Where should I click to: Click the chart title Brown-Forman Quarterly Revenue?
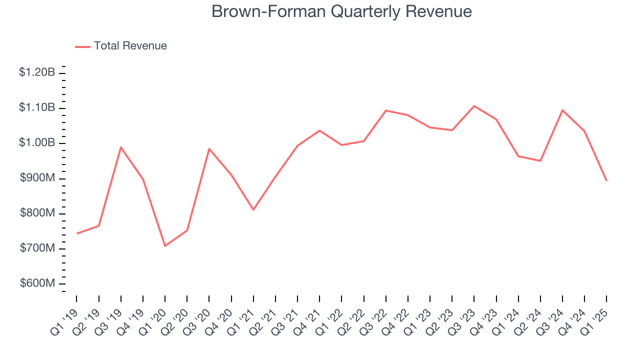coord(341,11)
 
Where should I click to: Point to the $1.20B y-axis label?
coord(37,72)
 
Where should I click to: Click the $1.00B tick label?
coord(37,143)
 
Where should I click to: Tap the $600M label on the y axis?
coord(37,283)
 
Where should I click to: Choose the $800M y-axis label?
coord(37,213)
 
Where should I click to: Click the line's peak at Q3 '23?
coord(474,106)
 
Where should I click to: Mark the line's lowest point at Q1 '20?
coord(164,245)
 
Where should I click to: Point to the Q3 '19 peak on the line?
coord(120,147)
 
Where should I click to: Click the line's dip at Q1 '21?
coord(253,209)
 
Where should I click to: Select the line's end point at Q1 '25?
coord(606,180)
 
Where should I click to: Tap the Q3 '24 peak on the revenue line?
coord(562,110)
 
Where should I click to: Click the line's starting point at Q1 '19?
coord(76,233)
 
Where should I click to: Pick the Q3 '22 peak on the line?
coord(386,110)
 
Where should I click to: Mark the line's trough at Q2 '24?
coord(540,160)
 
